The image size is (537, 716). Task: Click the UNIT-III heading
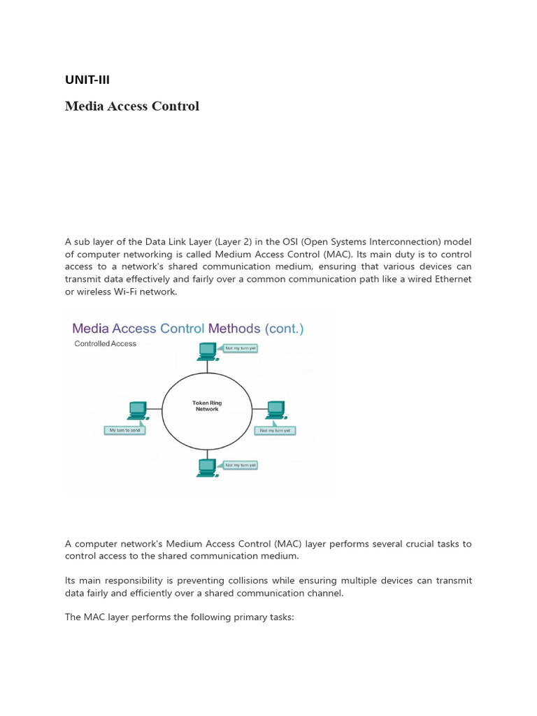tap(87, 80)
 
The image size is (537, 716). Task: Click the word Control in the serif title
tap(176, 106)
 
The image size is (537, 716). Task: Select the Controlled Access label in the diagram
tap(106, 344)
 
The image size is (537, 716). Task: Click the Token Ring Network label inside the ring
tap(206, 406)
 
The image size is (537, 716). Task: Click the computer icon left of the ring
tap(137, 410)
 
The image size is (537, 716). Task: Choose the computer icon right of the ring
tap(275, 410)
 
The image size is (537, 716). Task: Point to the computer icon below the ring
tap(207, 467)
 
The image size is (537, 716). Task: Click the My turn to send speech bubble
tap(125, 430)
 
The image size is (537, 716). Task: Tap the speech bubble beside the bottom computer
tap(241, 464)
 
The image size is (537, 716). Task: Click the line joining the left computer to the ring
tap(155, 410)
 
